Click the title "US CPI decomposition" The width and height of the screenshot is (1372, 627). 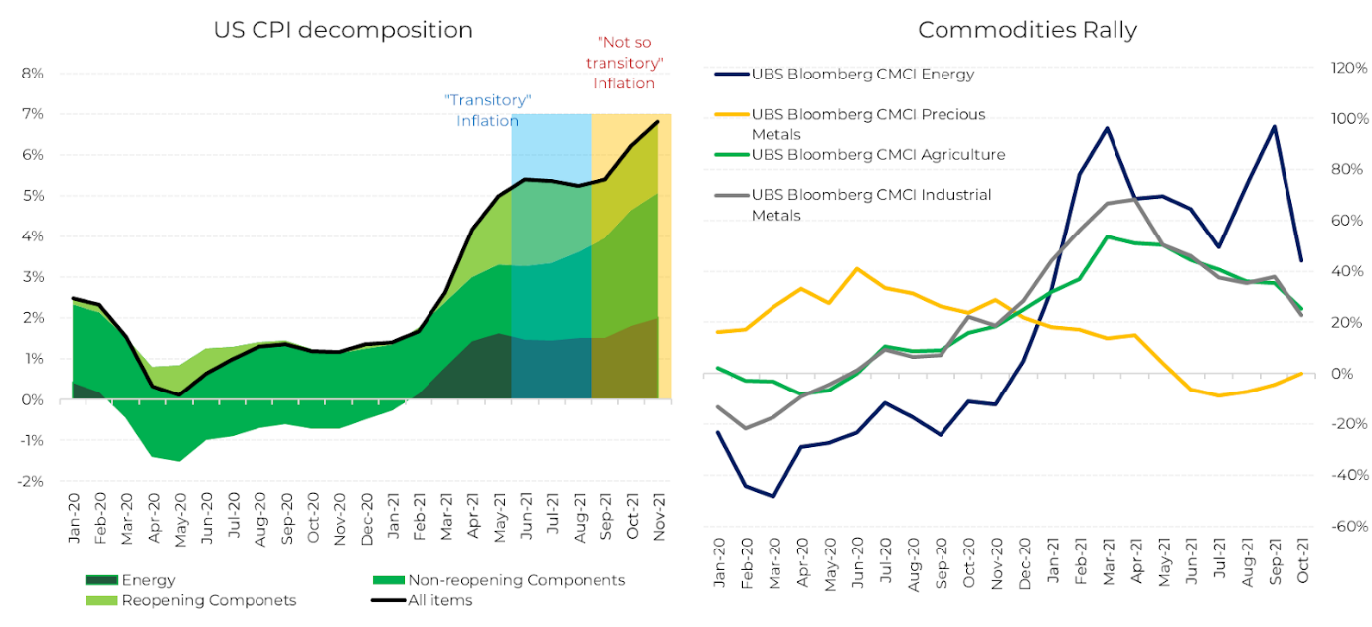[x=343, y=30]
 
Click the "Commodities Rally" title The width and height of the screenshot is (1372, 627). [x=1027, y=30]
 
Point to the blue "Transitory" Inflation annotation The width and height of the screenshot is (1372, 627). [x=487, y=110]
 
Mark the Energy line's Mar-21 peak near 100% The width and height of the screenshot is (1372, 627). [x=1107, y=128]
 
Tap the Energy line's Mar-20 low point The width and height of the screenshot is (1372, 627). [x=773, y=496]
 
